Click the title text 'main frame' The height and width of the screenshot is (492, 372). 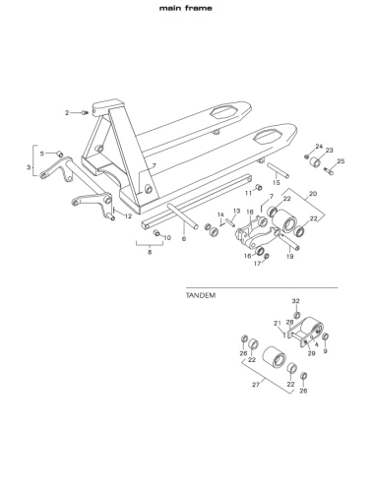[x=186, y=8]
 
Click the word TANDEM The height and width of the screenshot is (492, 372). [x=201, y=295]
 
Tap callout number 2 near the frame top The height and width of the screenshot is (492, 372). [x=67, y=113]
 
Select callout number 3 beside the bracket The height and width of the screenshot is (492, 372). [x=29, y=167]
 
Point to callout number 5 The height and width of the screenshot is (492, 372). [x=42, y=154]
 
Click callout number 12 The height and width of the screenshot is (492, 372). [x=128, y=216]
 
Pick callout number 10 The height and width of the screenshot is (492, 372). [x=167, y=238]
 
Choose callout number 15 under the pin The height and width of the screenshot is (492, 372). [x=277, y=183]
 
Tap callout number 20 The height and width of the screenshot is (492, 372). [x=313, y=194]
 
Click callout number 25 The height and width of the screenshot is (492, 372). [x=341, y=161]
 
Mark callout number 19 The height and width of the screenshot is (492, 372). [x=289, y=256]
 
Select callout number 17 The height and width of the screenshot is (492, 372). [x=258, y=263]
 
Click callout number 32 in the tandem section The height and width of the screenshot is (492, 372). [x=296, y=301]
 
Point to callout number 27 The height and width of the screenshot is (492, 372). [x=256, y=385]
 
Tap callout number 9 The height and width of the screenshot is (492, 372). [x=325, y=351]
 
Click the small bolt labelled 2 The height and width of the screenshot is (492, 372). [x=86, y=113]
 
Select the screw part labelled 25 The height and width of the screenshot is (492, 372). [x=329, y=170]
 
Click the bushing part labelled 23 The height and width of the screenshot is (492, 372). [x=316, y=162]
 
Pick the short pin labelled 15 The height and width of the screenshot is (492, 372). [x=279, y=170]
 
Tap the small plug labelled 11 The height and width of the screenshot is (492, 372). [x=259, y=187]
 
